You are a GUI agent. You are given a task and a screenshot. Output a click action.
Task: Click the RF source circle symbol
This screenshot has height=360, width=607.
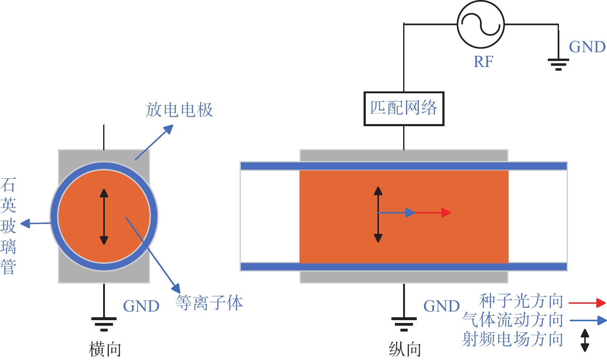click(x=480, y=24)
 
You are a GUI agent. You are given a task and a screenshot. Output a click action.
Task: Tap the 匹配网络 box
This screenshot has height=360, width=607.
click(x=404, y=108)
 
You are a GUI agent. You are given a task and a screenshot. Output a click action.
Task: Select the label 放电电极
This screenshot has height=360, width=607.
click(x=179, y=110)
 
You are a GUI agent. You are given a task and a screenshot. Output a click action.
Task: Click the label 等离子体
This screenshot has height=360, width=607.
click(x=209, y=303)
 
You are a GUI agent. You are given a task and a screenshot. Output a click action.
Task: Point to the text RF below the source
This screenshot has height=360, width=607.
click(x=483, y=62)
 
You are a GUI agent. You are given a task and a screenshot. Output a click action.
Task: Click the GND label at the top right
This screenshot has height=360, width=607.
click(x=587, y=47)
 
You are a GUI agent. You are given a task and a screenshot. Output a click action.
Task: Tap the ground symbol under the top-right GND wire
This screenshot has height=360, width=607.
click(x=558, y=64)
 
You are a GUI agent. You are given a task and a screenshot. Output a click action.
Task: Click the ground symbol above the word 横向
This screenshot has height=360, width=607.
click(x=104, y=323)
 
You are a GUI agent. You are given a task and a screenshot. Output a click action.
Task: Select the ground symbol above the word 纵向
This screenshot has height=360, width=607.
click(x=404, y=323)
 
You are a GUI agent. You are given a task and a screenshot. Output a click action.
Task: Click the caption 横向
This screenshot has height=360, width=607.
click(x=105, y=349)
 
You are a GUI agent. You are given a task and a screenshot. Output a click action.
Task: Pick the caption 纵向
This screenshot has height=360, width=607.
click(x=405, y=349)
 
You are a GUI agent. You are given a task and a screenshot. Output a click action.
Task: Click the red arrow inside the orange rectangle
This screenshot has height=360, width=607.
click(x=433, y=212)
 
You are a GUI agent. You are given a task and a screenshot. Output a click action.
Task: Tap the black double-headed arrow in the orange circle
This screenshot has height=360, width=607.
click(x=104, y=217)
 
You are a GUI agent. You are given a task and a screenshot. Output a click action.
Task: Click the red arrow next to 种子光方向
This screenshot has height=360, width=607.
click(x=587, y=303)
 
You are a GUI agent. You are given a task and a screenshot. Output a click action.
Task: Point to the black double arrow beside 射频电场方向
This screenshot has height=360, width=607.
click(x=584, y=340)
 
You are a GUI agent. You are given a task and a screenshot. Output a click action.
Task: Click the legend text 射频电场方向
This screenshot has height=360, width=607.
click(x=512, y=339)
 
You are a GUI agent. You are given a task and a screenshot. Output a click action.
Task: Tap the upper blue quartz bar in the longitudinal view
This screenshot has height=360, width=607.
click(x=404, y=166)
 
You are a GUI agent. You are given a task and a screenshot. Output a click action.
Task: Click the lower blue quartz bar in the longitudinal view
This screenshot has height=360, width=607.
click(x=404, y=267)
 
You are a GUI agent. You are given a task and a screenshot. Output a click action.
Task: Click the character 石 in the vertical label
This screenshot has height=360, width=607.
click(x=8, y=185)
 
